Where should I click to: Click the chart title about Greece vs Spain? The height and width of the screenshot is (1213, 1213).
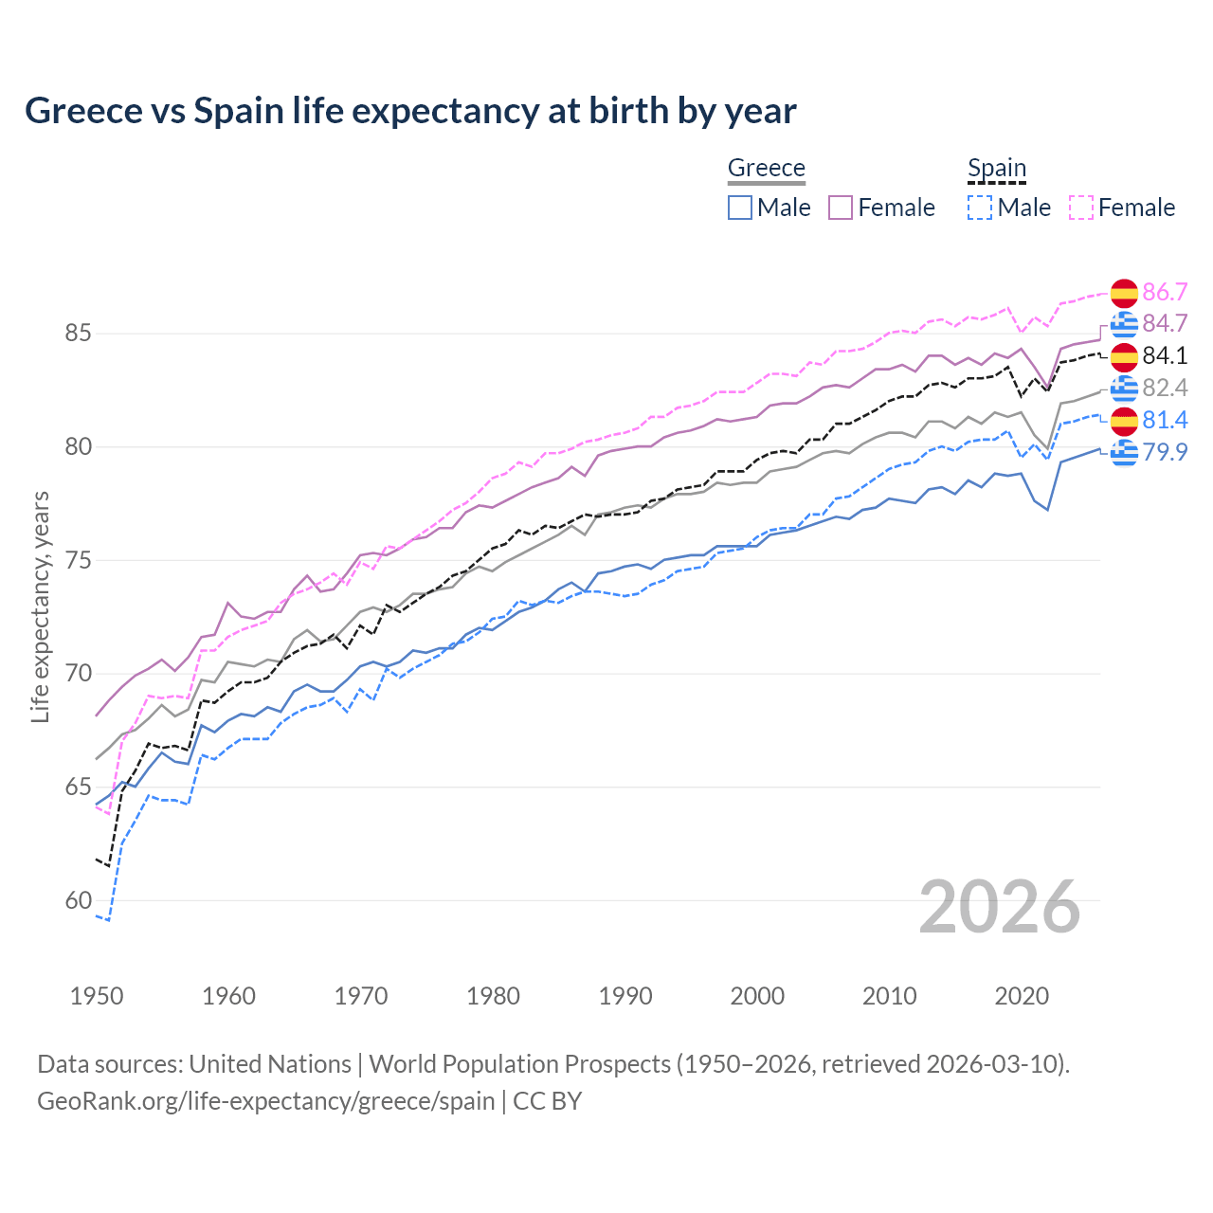pos(410,111)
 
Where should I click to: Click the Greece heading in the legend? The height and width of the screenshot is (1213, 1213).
pos(766,168)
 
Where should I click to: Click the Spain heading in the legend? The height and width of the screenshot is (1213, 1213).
pos(996,168)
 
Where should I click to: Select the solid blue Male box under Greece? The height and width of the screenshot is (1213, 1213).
pos(740,208)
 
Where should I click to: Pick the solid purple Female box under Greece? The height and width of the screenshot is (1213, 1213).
pos(841,208)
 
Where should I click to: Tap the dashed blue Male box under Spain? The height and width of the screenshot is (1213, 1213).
pos(980,208)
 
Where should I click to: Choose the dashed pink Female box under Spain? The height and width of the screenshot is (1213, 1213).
pos(1081,208)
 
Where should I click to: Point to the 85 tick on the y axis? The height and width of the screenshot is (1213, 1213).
pos(78,334)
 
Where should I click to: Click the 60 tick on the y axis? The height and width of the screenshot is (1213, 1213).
pos(78,900)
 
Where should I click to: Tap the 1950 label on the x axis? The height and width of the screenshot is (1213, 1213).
pos(97,996)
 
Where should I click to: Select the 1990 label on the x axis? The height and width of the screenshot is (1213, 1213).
pos(625,996)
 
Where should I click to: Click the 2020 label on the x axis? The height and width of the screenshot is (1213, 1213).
pos(1022,996)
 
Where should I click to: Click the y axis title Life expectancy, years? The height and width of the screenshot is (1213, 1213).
pos(40,606)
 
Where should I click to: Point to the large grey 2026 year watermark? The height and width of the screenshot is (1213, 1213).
pos(1000,907)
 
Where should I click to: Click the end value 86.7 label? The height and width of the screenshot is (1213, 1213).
pos(1165,292)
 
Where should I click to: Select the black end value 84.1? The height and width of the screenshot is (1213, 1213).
pos(1165,355)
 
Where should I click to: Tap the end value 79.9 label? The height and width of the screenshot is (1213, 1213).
pos(1165,452)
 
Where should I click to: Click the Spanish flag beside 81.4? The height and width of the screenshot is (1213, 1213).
pos(1124,420)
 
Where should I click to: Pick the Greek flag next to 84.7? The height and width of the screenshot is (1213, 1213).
pos(1124,324)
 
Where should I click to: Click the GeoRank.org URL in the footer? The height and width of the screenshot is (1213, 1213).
pos(265,1101)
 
